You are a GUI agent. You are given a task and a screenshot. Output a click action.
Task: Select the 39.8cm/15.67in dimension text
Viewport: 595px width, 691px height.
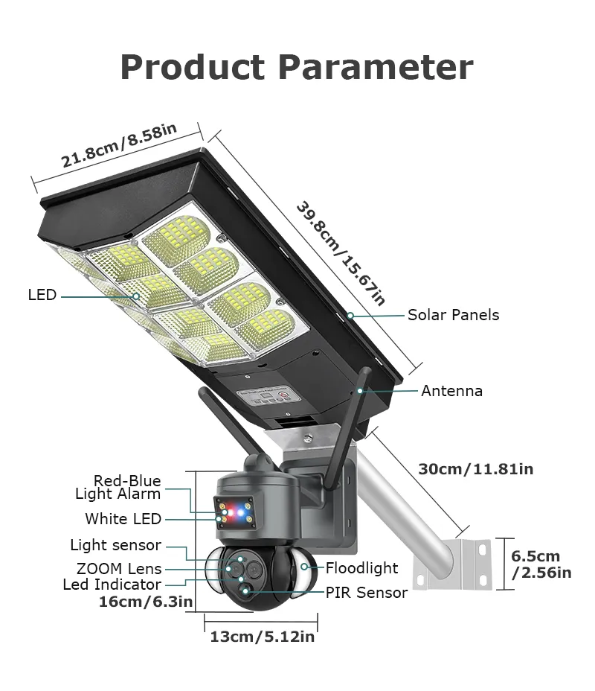341,252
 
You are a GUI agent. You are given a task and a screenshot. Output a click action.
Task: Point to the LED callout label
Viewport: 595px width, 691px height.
42,295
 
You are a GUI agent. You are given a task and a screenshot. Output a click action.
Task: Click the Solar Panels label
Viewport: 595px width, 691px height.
453,315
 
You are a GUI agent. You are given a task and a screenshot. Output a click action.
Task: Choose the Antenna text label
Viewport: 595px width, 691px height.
451,391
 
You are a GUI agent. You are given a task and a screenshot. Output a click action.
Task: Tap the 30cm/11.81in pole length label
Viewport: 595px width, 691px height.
475,469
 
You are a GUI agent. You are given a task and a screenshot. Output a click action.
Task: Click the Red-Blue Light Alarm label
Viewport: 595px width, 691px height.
119,487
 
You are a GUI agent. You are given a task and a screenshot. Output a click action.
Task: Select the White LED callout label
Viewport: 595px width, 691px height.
123,519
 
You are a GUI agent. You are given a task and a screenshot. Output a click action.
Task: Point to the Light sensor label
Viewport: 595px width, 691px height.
115,546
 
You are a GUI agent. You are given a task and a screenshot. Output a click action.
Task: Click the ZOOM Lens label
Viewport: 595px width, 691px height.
119,570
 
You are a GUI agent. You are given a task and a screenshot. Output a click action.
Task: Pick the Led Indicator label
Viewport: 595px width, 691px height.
112,585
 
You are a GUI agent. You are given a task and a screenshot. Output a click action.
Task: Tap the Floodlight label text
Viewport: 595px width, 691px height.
361,568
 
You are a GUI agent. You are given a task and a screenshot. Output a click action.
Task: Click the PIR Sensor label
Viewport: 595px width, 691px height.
366,593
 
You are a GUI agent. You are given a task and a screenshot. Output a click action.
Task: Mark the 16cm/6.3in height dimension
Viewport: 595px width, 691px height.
146,602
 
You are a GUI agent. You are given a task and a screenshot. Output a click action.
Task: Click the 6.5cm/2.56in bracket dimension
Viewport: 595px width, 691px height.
541,564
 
